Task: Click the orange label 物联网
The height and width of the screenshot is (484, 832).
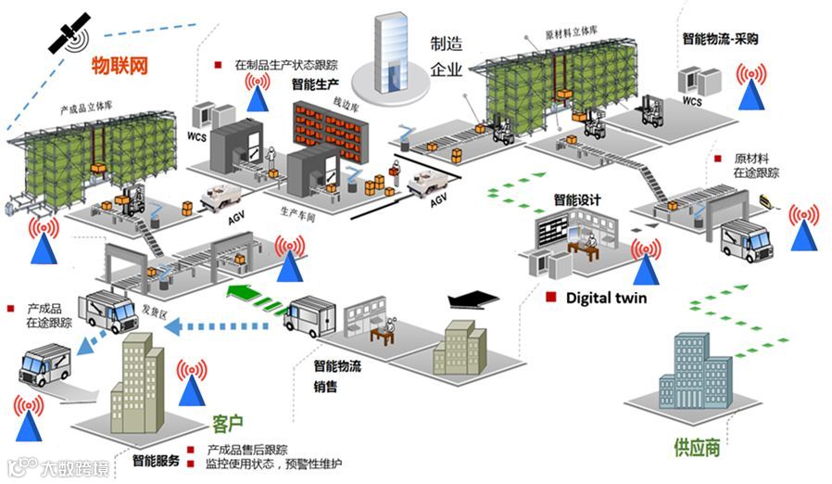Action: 120,66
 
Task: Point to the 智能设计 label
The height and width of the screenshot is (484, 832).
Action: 576,199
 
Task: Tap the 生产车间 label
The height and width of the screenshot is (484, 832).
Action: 296,210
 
